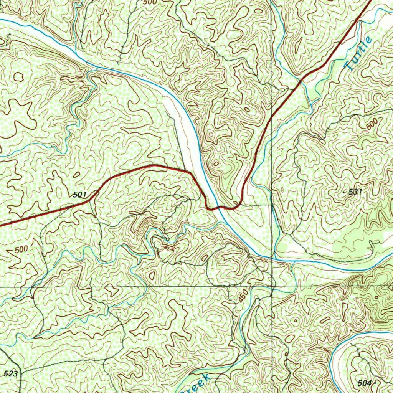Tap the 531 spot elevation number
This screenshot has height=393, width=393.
click(355, 192)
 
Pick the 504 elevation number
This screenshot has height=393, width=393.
click(364, 383)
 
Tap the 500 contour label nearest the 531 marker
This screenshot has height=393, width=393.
click(372, 125)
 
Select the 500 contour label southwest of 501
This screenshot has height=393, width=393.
click(21, 249)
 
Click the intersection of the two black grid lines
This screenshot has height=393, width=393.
click(272, 287)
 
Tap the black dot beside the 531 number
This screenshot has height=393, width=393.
click(344, 192)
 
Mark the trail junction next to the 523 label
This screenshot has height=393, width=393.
click(19, 372)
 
